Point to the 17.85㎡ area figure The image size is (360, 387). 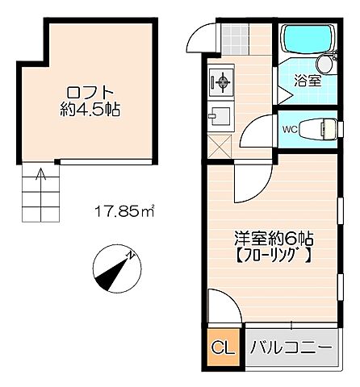click(125, 213)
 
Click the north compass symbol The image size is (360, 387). click(112, 270)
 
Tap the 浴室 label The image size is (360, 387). click(308, 81)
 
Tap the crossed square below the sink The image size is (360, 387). click(219, 148)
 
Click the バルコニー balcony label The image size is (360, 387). click(290, 348)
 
